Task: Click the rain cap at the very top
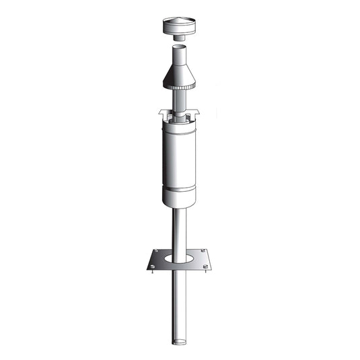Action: pyautogui.click(x=180, y=29)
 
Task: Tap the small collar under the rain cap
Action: pyautogui.click(x=180, y=39)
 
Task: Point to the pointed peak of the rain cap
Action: pyautogui.click(x=180, y=20)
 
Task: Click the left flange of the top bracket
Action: pyautogui.click(x=162, y=113)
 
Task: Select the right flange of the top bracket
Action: pyautogui.click(x=198, y=112)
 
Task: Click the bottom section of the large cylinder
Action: pyautogui.click(x=180, y=199)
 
